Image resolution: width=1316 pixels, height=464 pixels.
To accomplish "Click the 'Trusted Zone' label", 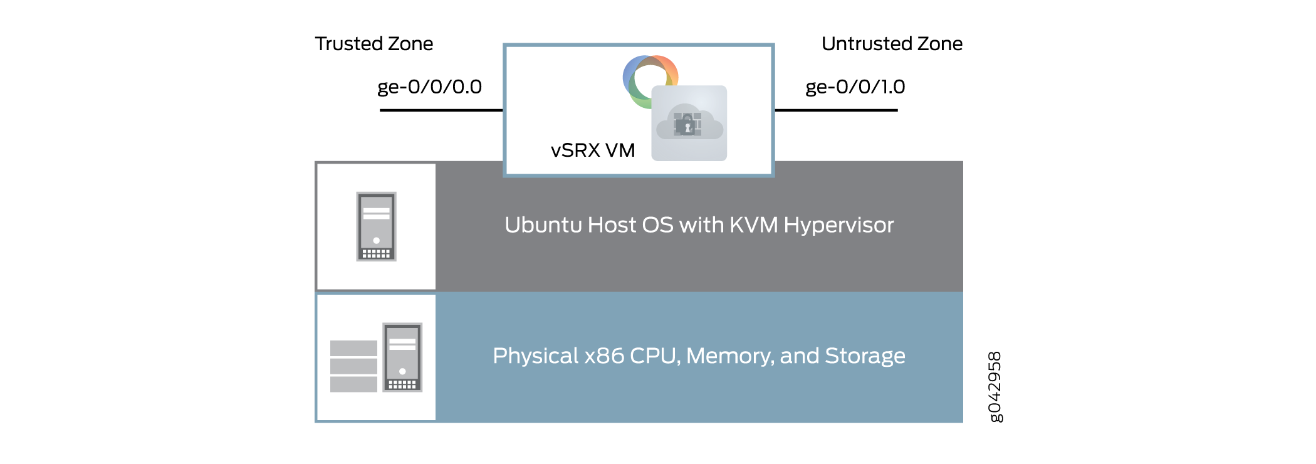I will click(x=373, y=44).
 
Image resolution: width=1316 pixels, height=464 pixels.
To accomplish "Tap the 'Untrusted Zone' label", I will click(x=891, y=44).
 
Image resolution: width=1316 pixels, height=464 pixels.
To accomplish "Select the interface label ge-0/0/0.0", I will click(x=429, y=87).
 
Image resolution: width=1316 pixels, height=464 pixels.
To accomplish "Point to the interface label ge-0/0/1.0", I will click(x=855, y=87).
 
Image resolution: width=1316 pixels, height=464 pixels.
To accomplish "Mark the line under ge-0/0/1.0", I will click(x=836, y=110).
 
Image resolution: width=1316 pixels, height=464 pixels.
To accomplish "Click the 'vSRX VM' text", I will click(x=593, y=150).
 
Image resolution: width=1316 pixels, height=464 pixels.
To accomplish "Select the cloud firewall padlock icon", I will click(x=689, y=124).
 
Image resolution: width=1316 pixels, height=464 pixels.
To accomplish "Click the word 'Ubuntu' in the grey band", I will click(x=543, y=225).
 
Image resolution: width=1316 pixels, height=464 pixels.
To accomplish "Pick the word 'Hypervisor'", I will click(x=838, y=225).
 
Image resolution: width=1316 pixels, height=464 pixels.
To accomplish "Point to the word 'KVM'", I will click(x=753, y=225).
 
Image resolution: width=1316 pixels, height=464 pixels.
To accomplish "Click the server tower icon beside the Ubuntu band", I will click(x=376, y=226).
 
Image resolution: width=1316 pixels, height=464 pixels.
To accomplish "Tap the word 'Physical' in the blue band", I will click(x=535, y=356).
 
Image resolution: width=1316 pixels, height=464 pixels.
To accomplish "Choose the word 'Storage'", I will click(x=865, y=356).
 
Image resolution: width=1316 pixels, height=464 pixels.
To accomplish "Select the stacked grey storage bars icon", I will click(x=353, y=366).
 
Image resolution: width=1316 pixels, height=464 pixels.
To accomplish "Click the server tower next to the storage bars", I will click(x=402, y=357).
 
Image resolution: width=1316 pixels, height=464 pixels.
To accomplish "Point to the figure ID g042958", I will click(x=995, y=387).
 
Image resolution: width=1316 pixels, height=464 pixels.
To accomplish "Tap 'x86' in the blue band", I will click(x=604, y=356).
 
